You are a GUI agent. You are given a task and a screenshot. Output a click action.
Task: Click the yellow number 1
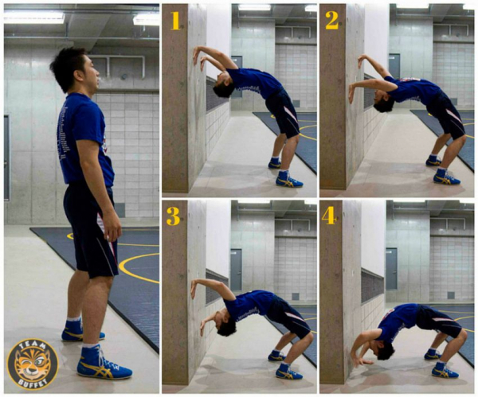click(175, 21)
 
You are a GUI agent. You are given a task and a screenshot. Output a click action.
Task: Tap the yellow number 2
click(332, 20)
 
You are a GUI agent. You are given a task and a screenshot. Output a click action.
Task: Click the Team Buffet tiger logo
click(33, 364)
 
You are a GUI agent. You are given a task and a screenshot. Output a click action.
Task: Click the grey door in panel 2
click(394, 66)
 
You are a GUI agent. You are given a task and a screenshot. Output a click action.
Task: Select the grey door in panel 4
click(391, 269)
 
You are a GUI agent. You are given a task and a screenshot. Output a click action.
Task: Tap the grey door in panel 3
click(236, 270)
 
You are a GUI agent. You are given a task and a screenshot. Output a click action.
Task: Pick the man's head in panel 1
click(223, 86)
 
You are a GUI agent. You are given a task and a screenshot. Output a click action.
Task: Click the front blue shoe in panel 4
click(445, 370)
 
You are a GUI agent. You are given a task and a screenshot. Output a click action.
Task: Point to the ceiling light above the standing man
click(33, 17)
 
